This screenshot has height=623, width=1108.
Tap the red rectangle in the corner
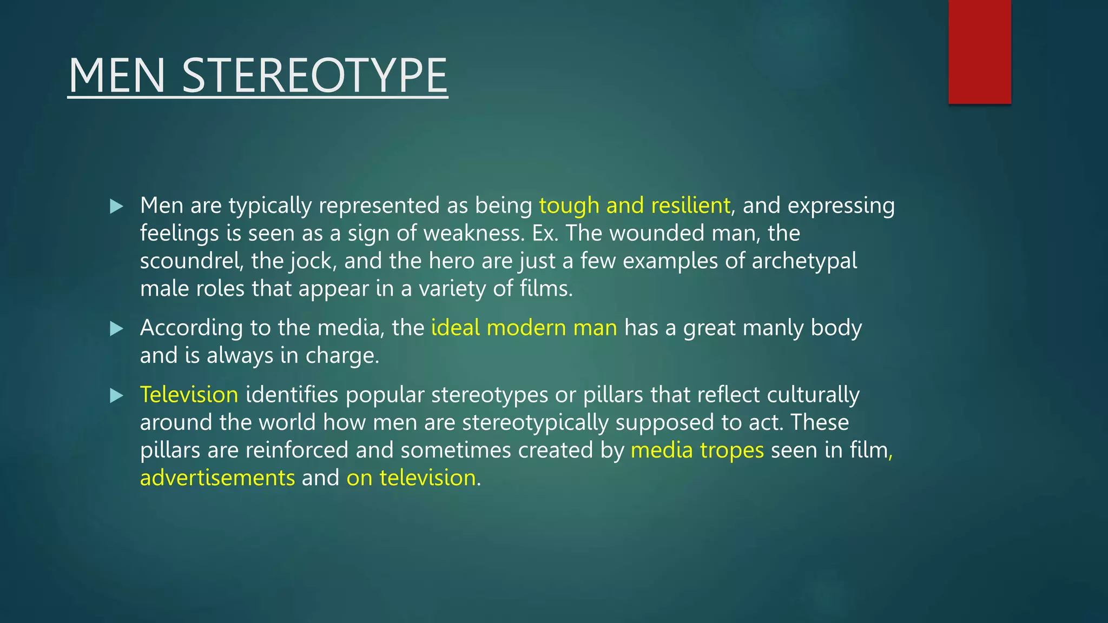pos(979,51)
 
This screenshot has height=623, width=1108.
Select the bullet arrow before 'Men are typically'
pos(116,206)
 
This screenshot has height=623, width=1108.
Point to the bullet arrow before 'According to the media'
pos(116,328)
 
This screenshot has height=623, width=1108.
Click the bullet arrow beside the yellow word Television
pos(116,395)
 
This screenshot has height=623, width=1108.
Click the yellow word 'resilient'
pos(691,206)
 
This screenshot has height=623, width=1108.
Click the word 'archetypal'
pos(804,261)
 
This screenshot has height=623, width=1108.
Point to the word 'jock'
pos(313,261)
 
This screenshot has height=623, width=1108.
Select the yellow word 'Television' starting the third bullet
pos(189,395)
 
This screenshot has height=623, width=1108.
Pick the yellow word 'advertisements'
pos(217,478)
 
